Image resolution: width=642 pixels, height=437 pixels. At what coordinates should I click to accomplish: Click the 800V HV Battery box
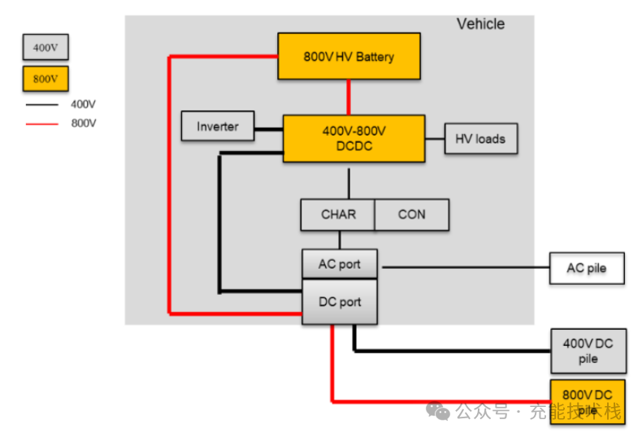[349, 56]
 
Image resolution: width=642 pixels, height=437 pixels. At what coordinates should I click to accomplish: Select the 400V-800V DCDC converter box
[354, 138]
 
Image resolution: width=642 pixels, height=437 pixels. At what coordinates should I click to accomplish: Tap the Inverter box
[218, 127]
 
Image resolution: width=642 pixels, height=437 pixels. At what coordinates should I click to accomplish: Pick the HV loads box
[480, 139]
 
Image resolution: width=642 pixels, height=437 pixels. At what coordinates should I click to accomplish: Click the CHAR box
[338, 214]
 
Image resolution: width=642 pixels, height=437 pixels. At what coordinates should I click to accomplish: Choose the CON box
[411, 214]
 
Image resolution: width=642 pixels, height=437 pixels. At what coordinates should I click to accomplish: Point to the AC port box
[340, 264]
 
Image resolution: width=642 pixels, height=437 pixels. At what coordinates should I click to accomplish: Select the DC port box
[340, 302]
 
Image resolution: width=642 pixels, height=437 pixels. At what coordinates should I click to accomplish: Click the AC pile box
[587, 268]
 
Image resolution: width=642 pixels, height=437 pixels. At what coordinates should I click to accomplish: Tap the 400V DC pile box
[588, 351]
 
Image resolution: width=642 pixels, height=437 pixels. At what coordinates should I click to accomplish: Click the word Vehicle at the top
[480, 24]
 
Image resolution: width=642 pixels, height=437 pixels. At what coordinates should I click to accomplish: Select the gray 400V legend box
[45, 47]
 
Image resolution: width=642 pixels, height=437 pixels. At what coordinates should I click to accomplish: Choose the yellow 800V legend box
[45, 79]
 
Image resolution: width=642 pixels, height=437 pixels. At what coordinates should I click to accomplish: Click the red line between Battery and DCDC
[349, 97]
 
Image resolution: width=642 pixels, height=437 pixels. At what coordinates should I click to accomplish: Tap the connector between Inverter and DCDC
[268, 128]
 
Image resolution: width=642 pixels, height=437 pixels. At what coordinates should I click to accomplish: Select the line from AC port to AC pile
[463, 266]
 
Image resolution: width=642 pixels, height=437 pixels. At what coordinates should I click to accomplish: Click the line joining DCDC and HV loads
[435, 139]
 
